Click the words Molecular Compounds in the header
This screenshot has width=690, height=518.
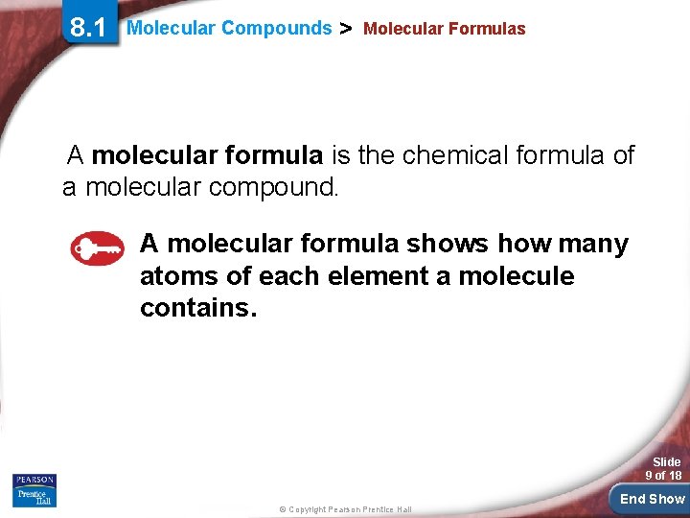point(229,28)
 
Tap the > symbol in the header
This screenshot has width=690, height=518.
point(348,29)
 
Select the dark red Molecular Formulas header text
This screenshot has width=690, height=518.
point(445,29)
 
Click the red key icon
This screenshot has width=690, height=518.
point(98,248)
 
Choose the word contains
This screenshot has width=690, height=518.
point(198,309)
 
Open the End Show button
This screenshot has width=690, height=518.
point(652,499)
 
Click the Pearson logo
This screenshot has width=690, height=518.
point(34,480)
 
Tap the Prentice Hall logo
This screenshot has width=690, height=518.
point(34,497)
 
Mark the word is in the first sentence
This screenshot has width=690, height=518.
point(342,155)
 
